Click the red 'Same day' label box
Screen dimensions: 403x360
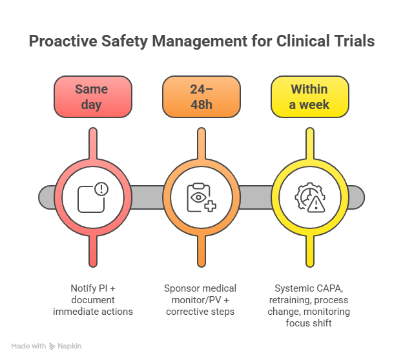click(x=93, y=97)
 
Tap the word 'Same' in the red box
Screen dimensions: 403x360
click(x=91, y=89)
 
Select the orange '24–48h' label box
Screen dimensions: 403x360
click(x=201, y=97)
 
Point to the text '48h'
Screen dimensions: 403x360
click(x=201, y=105)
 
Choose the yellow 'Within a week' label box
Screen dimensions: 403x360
click(x=309, y=97)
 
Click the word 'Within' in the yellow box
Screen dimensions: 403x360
click(x=309, y=89)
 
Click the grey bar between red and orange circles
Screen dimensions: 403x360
click(x=147, y=197)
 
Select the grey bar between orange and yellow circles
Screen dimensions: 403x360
click(x=256, y=197)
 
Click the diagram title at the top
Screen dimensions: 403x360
click(x=201, y=43)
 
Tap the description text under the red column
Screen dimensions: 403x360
click(x=93, y=302)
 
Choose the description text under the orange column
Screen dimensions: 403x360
click(x=201, y=302)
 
